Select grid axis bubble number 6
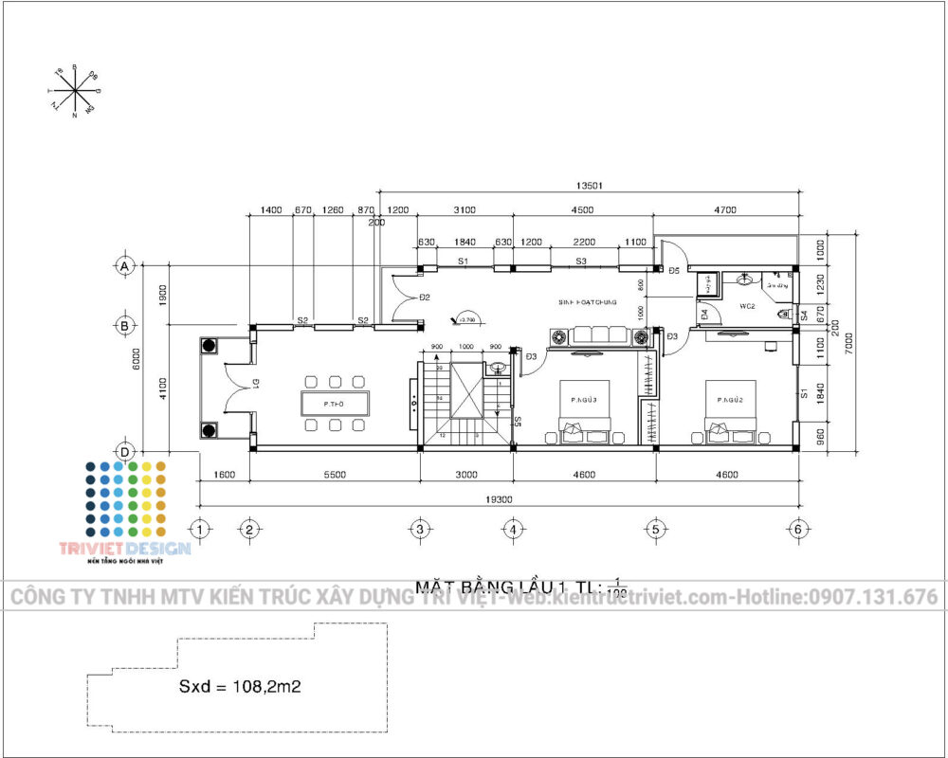[798, 529]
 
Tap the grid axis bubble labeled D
[124, 450]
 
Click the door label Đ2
[425, 298]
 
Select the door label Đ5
[674, 272]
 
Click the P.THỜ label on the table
[332, 404]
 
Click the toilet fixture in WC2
[781, 313]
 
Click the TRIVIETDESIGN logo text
[125, 548]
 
